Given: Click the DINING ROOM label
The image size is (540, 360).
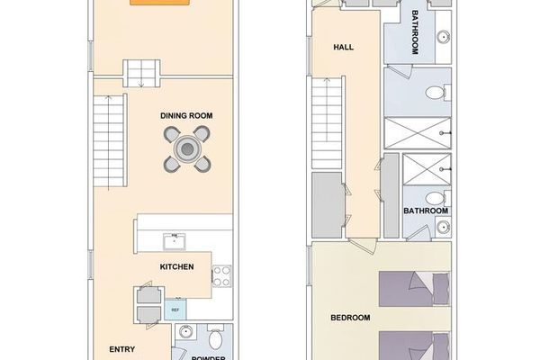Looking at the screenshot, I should point(185,116).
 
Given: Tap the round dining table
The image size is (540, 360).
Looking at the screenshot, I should point(186,148).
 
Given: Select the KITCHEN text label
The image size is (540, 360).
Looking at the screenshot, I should point(177,267).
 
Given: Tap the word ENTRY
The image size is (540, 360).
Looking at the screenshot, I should point(122,349).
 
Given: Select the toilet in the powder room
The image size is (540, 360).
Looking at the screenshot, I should point(216,340).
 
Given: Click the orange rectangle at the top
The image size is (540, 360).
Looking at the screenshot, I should point(159,3).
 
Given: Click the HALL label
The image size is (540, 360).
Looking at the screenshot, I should point(343,47).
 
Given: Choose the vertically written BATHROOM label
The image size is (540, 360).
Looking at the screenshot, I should point(415,34).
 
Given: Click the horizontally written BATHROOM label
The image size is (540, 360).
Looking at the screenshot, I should point(426,211).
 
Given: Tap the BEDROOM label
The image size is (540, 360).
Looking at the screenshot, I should point(350,318).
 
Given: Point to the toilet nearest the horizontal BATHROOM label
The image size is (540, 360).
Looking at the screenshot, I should point(432,197).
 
